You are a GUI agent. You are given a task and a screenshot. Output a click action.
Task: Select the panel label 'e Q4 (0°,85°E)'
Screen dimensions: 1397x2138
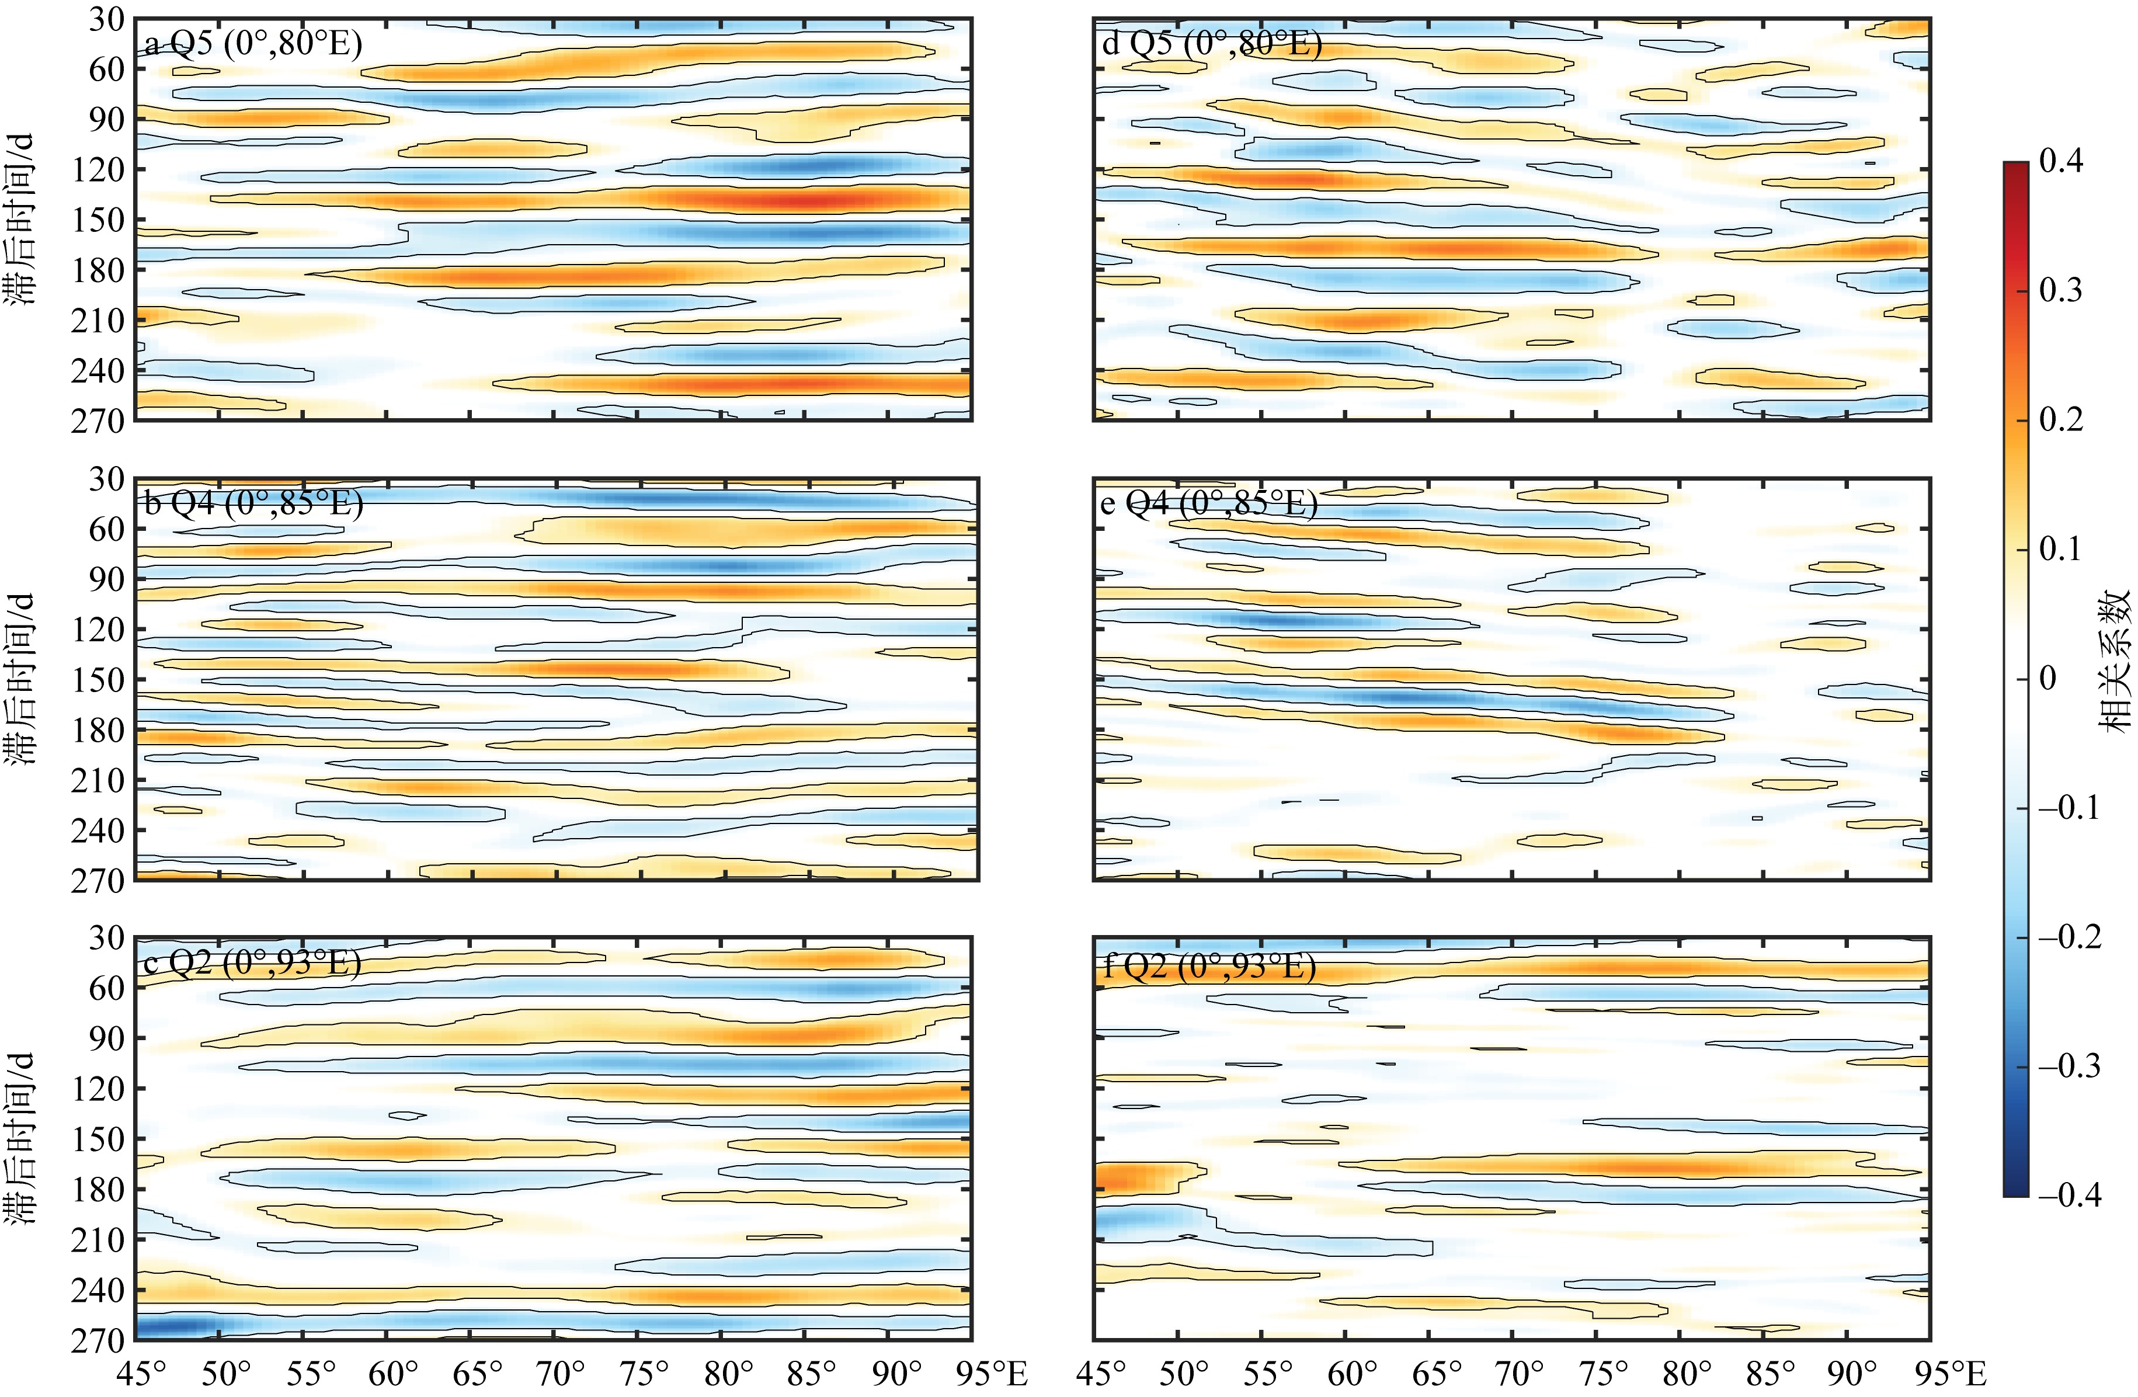pos(1209,503)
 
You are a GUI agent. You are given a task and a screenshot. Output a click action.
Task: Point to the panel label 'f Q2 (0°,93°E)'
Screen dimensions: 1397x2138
pos(1209,967)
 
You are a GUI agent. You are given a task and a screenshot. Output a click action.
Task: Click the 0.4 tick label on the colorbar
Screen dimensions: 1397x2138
pos(2061,162)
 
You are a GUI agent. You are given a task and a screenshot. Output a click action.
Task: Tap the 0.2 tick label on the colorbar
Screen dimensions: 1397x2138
pos(2061,419)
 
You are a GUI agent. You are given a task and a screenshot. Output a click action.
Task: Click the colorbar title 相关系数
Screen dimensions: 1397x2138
pos(2116,661)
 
